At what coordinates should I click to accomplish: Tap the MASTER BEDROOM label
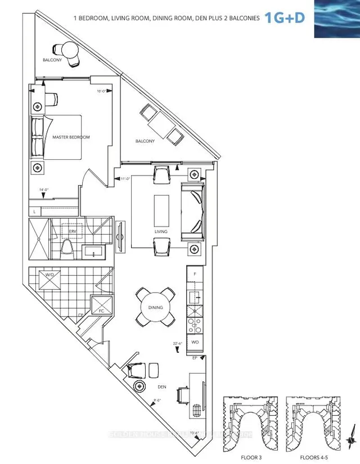coord(71,137)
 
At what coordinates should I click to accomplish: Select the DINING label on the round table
coord(156,308)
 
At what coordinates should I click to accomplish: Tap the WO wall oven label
coord(194,342)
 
